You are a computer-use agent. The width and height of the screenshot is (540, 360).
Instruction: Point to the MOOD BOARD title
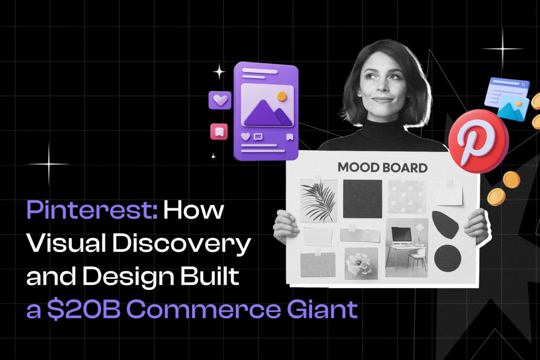pyautogui.click(x=382, y=168)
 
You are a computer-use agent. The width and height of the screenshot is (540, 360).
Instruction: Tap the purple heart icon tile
pyautogui.click(x=219, y=100)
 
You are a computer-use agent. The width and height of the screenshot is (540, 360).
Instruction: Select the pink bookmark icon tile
pyautogui.click(x=219, y=132)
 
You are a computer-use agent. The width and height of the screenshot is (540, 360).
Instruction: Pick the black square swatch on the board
pyautogui.click(x=362, y=198)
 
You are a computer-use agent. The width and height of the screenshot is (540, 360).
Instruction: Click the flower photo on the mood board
pyautogui.click(x=361, y=262)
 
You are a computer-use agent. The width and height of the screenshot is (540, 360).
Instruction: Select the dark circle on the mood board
pyautogui.click(x=448, y=258)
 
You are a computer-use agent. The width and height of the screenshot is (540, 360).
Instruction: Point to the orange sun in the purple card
pyautogui.click(x=282, y=96)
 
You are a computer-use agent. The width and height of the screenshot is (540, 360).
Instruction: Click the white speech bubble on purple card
pyautogui.click(x=258, y=137)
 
